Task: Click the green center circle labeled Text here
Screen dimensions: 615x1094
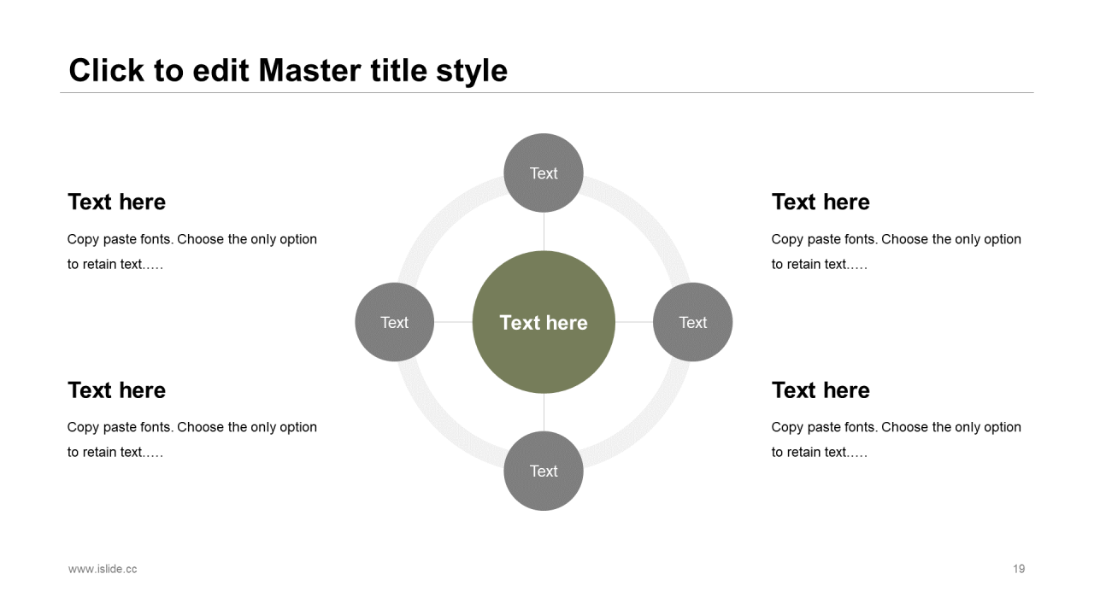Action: point(544,322)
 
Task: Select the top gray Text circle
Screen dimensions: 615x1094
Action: point(544,173)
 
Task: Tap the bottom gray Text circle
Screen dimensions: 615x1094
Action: point(544,471)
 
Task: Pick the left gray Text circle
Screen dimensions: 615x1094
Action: point(394,322)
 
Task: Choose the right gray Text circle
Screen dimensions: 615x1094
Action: point(692,322)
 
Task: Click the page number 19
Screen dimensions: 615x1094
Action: point(1019,569)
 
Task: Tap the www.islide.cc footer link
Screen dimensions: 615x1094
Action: point(103,569)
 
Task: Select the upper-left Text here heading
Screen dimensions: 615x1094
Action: point(116,202)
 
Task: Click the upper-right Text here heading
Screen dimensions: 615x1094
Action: point(820,202)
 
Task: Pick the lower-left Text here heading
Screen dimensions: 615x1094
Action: point(116,390)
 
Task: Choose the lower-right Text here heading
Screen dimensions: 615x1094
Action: point(820,390)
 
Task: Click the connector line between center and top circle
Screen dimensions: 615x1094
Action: point(544,231)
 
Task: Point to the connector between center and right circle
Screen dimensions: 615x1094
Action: point(634,322)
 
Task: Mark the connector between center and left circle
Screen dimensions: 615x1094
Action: point(453,322)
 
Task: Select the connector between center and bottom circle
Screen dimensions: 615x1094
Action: point(544,413)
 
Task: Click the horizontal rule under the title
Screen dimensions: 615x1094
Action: point(547,92)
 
